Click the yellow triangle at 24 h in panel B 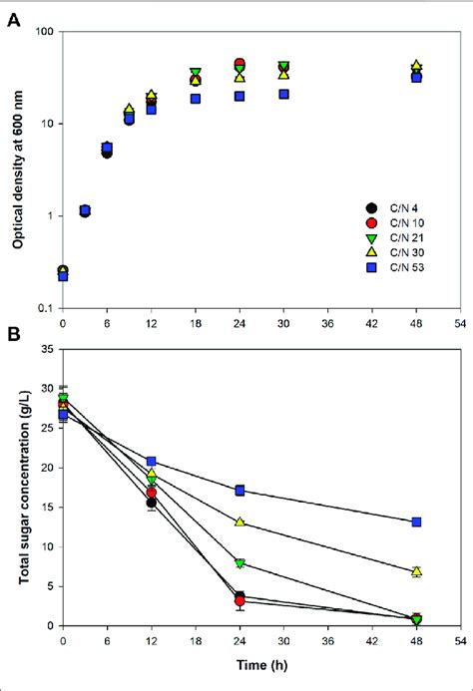click(x=239, y=521)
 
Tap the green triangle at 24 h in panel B click(x=239, y=563)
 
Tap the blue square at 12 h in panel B click(x=151, y=462)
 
